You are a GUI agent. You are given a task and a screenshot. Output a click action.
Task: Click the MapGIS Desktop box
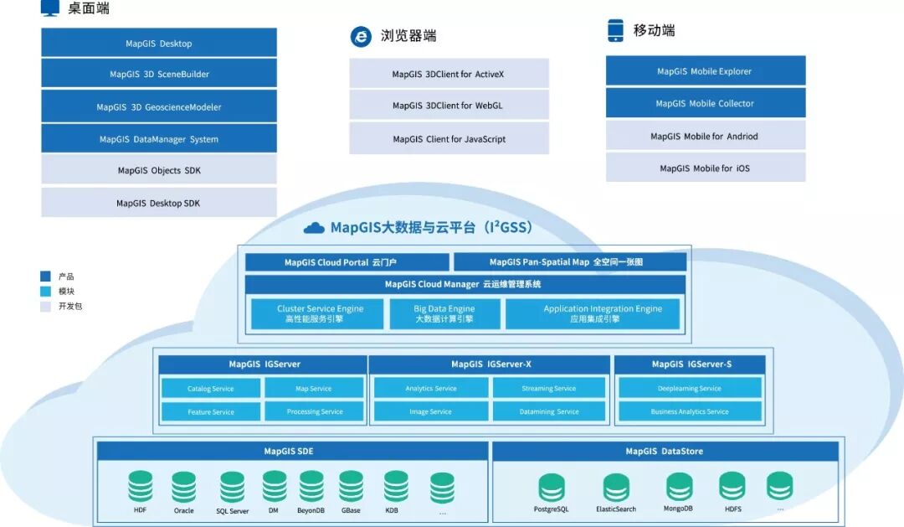159,43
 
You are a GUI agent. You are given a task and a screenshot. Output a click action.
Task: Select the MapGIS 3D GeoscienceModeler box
159,106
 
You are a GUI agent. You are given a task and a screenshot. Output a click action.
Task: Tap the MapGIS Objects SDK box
159,170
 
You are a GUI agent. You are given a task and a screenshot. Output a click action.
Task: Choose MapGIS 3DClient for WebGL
449,106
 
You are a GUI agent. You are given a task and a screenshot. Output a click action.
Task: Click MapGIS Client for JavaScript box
449,138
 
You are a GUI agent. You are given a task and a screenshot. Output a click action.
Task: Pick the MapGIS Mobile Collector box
705,103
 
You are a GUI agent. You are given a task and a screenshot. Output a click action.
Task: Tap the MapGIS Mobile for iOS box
705,168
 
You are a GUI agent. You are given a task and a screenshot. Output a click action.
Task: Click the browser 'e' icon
361,36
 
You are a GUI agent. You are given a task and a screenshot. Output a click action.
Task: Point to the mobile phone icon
616,30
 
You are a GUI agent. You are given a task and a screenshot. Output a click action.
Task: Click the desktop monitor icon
50,8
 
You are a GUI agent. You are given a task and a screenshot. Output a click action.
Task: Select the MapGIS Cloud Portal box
347,262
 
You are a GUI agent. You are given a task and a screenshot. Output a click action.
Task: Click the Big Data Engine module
444,313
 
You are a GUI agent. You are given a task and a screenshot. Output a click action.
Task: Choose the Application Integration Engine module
592,313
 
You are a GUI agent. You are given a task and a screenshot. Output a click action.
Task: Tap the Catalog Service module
211,388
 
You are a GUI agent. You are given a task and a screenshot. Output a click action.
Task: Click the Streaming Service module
548,388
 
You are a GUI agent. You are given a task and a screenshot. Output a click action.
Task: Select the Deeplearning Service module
690,388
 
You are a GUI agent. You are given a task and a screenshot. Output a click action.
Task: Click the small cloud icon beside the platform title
314,228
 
